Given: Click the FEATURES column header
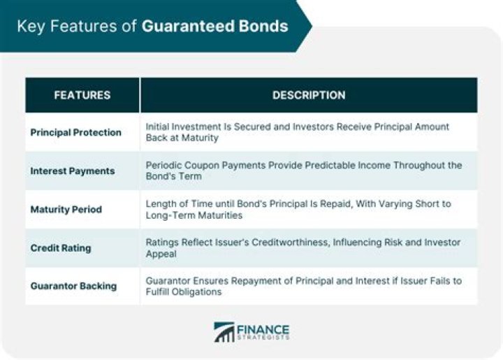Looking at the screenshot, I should point(82,95).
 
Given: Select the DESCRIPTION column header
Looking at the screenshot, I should point(308,95).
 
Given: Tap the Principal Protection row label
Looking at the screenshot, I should point(75,132).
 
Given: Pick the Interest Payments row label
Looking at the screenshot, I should point(73,171).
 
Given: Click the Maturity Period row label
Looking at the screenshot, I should point(66,209).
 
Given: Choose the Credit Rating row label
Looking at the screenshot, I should point(60,247).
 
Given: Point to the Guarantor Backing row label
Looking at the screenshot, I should point(73,286).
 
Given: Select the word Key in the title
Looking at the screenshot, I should point(29,27).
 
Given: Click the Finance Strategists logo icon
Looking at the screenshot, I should point(224,332).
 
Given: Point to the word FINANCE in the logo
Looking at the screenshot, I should point(263,328).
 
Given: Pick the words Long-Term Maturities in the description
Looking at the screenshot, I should point(194,215).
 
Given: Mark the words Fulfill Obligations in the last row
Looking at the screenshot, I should point(183,291).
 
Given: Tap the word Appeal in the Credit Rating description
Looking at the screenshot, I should point(160,254).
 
